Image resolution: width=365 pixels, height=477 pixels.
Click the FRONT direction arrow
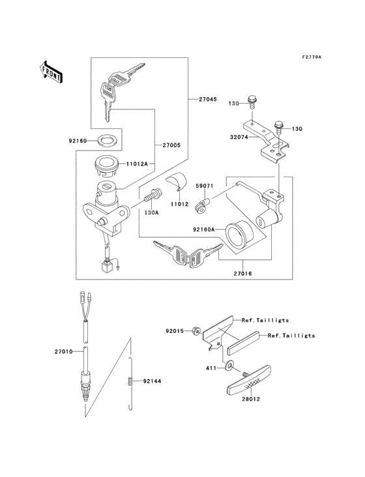(x=51, y=72)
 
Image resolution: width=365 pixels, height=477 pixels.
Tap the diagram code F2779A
(x=312, y=57)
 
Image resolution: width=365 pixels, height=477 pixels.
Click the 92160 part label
(x=79, y=139)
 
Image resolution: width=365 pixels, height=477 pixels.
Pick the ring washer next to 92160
(x=109, y=139)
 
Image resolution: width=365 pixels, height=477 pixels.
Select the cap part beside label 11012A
(x=106, y=166)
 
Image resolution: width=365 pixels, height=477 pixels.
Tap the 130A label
(x=152, y=212)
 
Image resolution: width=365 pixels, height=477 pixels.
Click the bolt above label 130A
(x=154, y=194)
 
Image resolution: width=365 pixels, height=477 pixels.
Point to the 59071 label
(x=205, y=186)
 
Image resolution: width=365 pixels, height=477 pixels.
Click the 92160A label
(x=205, y=229)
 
